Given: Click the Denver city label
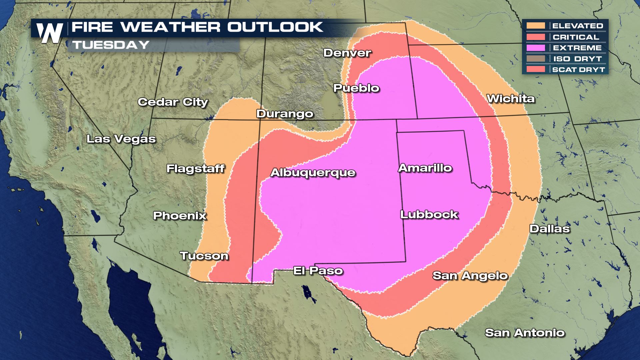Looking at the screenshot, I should (347, 53).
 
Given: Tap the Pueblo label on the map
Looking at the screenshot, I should (356, 88).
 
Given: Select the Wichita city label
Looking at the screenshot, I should (510, 99).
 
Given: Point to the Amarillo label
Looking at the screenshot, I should (425, 168).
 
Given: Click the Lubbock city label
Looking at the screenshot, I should (429, 214).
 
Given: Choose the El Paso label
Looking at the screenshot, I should (318, 270).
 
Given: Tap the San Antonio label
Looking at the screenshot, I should (524, 333).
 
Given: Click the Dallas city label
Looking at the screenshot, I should (549, 229).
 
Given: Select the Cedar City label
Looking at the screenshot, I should (173, 102).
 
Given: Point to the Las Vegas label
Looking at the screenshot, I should (121, 139).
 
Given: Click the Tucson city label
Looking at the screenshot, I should (204, 256).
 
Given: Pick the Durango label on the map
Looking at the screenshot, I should (284, 114).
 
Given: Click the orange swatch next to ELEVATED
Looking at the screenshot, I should (536, 26).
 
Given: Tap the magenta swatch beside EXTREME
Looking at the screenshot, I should (536, 48).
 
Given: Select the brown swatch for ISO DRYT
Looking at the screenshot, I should (536, 59).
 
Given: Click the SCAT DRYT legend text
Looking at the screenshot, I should (578, 70).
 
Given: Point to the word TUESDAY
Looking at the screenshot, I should (111, 45).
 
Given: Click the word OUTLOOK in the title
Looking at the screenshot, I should (275, 27).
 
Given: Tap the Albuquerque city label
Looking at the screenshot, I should (313, 173).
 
